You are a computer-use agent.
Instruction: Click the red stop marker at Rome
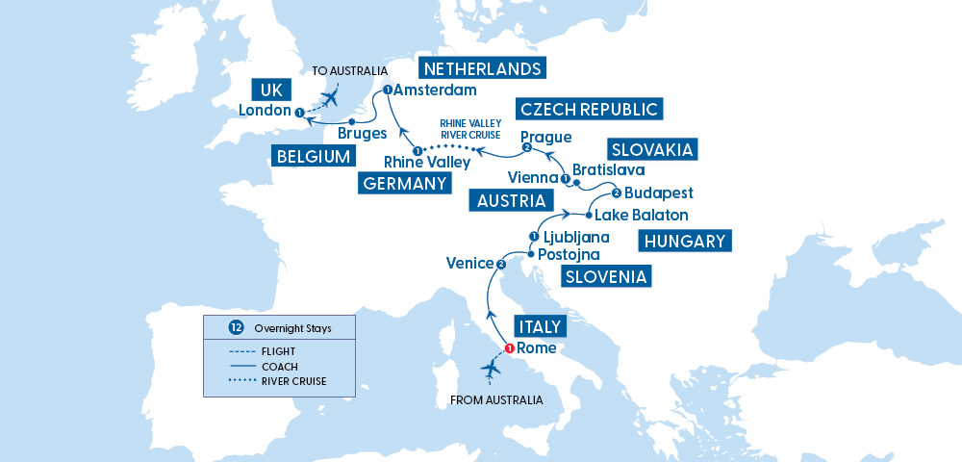[x=509, y=348]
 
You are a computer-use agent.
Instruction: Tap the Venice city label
[x=468, y=263]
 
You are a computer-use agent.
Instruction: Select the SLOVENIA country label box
[x=606, y=277]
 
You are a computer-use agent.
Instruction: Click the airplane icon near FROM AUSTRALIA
[x=492, y=370]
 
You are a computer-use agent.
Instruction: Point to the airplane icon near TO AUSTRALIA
[x=332, y=97]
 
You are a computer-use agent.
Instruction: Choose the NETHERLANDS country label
[x=482, y=68]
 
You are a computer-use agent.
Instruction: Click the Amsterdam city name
[x=435, y=90]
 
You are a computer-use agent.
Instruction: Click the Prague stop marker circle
[x=526, y=148]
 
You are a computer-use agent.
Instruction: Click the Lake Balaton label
[x=641, y=214]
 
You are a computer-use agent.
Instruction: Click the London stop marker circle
[x=300, y=114]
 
